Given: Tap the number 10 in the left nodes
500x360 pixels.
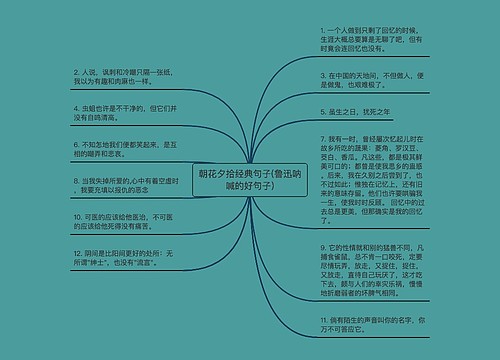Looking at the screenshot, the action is (x=77, y=215).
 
